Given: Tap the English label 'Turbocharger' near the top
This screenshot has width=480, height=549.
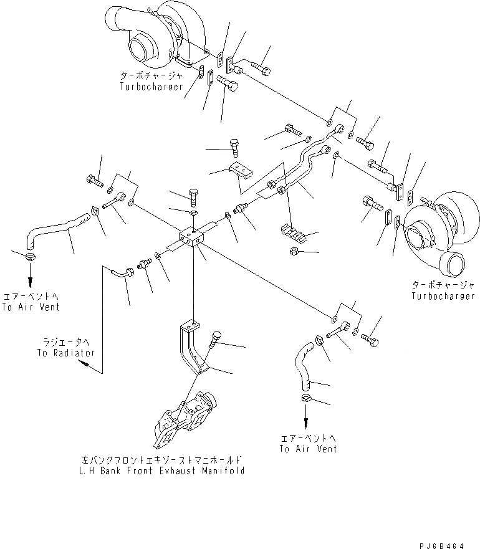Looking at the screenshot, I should (x=151, y=87).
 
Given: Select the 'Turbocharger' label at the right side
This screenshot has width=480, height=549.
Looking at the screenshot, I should (x=442, y=296).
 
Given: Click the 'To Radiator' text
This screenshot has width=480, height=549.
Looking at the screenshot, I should (x=65, y=353).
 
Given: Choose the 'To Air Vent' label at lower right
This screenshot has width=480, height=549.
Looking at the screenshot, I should (x=308, y=448).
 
